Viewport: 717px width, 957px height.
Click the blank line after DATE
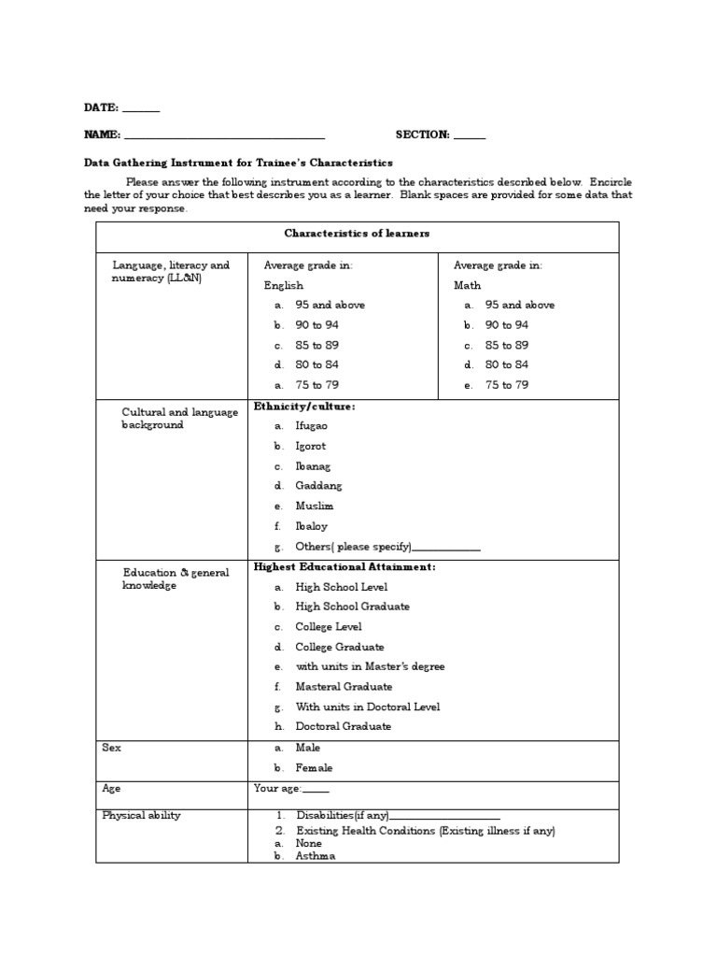(141, 111)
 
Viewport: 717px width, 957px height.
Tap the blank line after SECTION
(470, 137)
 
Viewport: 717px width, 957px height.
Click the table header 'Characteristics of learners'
(357, 234)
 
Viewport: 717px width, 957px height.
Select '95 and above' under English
(330, 306)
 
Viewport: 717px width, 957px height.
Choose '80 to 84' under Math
(506, 365)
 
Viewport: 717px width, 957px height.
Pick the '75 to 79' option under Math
(506, 385)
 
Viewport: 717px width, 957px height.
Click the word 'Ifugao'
(312, 426)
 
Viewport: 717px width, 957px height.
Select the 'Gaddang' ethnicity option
(318, 486)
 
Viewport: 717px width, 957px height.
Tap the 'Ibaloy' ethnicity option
(312, 526)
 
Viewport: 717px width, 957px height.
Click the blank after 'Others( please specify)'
(446, 549)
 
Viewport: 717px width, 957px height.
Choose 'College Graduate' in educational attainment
(339, 647)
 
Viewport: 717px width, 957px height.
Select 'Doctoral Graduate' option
(343, 726)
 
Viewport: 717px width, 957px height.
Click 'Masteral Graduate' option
(344, 687)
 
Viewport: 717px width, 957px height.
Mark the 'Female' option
(314, 768)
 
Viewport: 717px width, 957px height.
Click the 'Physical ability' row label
(141, 816)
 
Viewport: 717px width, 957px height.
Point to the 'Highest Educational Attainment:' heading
(344, 566)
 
